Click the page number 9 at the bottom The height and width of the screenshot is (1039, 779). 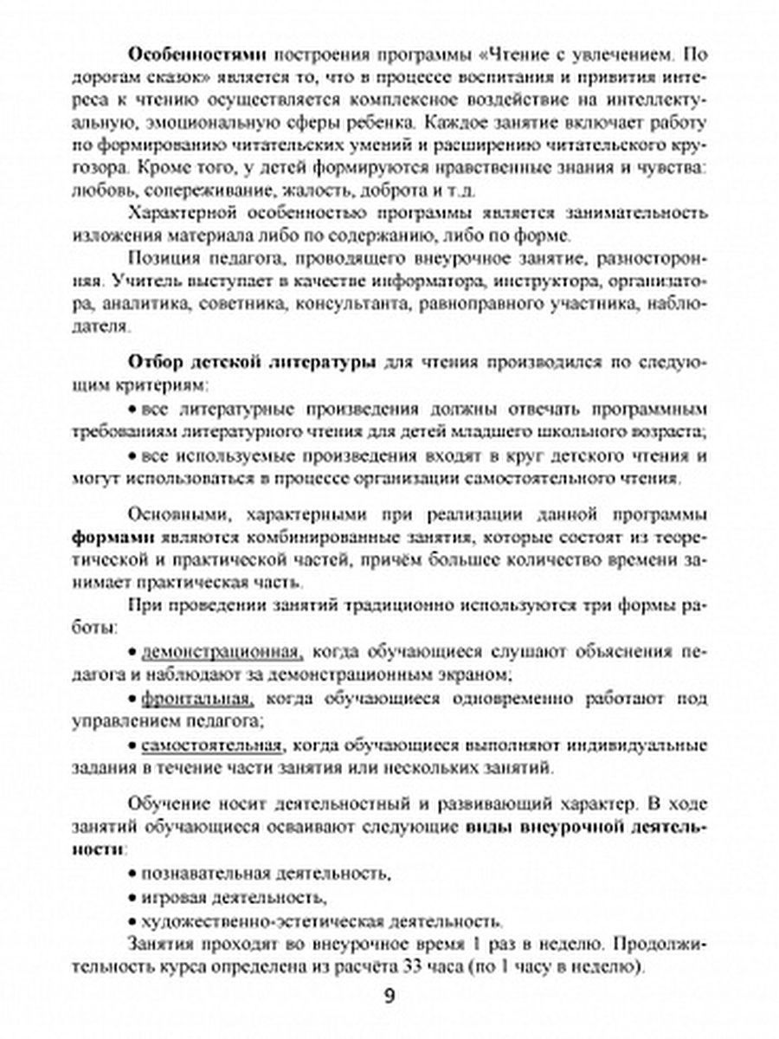click(x=389, y=996)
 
